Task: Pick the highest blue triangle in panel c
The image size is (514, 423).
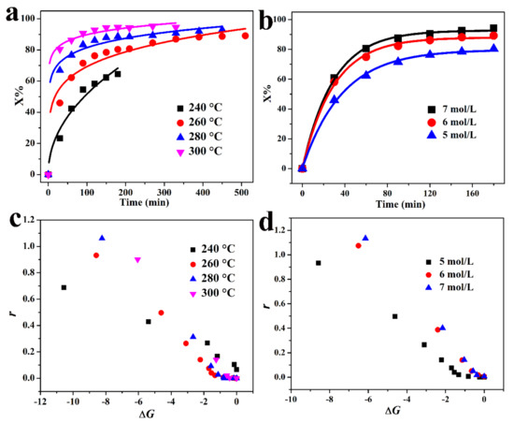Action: pyautogui.click(x=102, y=238)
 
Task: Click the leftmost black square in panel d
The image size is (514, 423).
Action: pyautogui.click(x=319, y=263)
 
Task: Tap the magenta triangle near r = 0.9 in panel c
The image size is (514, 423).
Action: pyautogui.click(x=137, y=260)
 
